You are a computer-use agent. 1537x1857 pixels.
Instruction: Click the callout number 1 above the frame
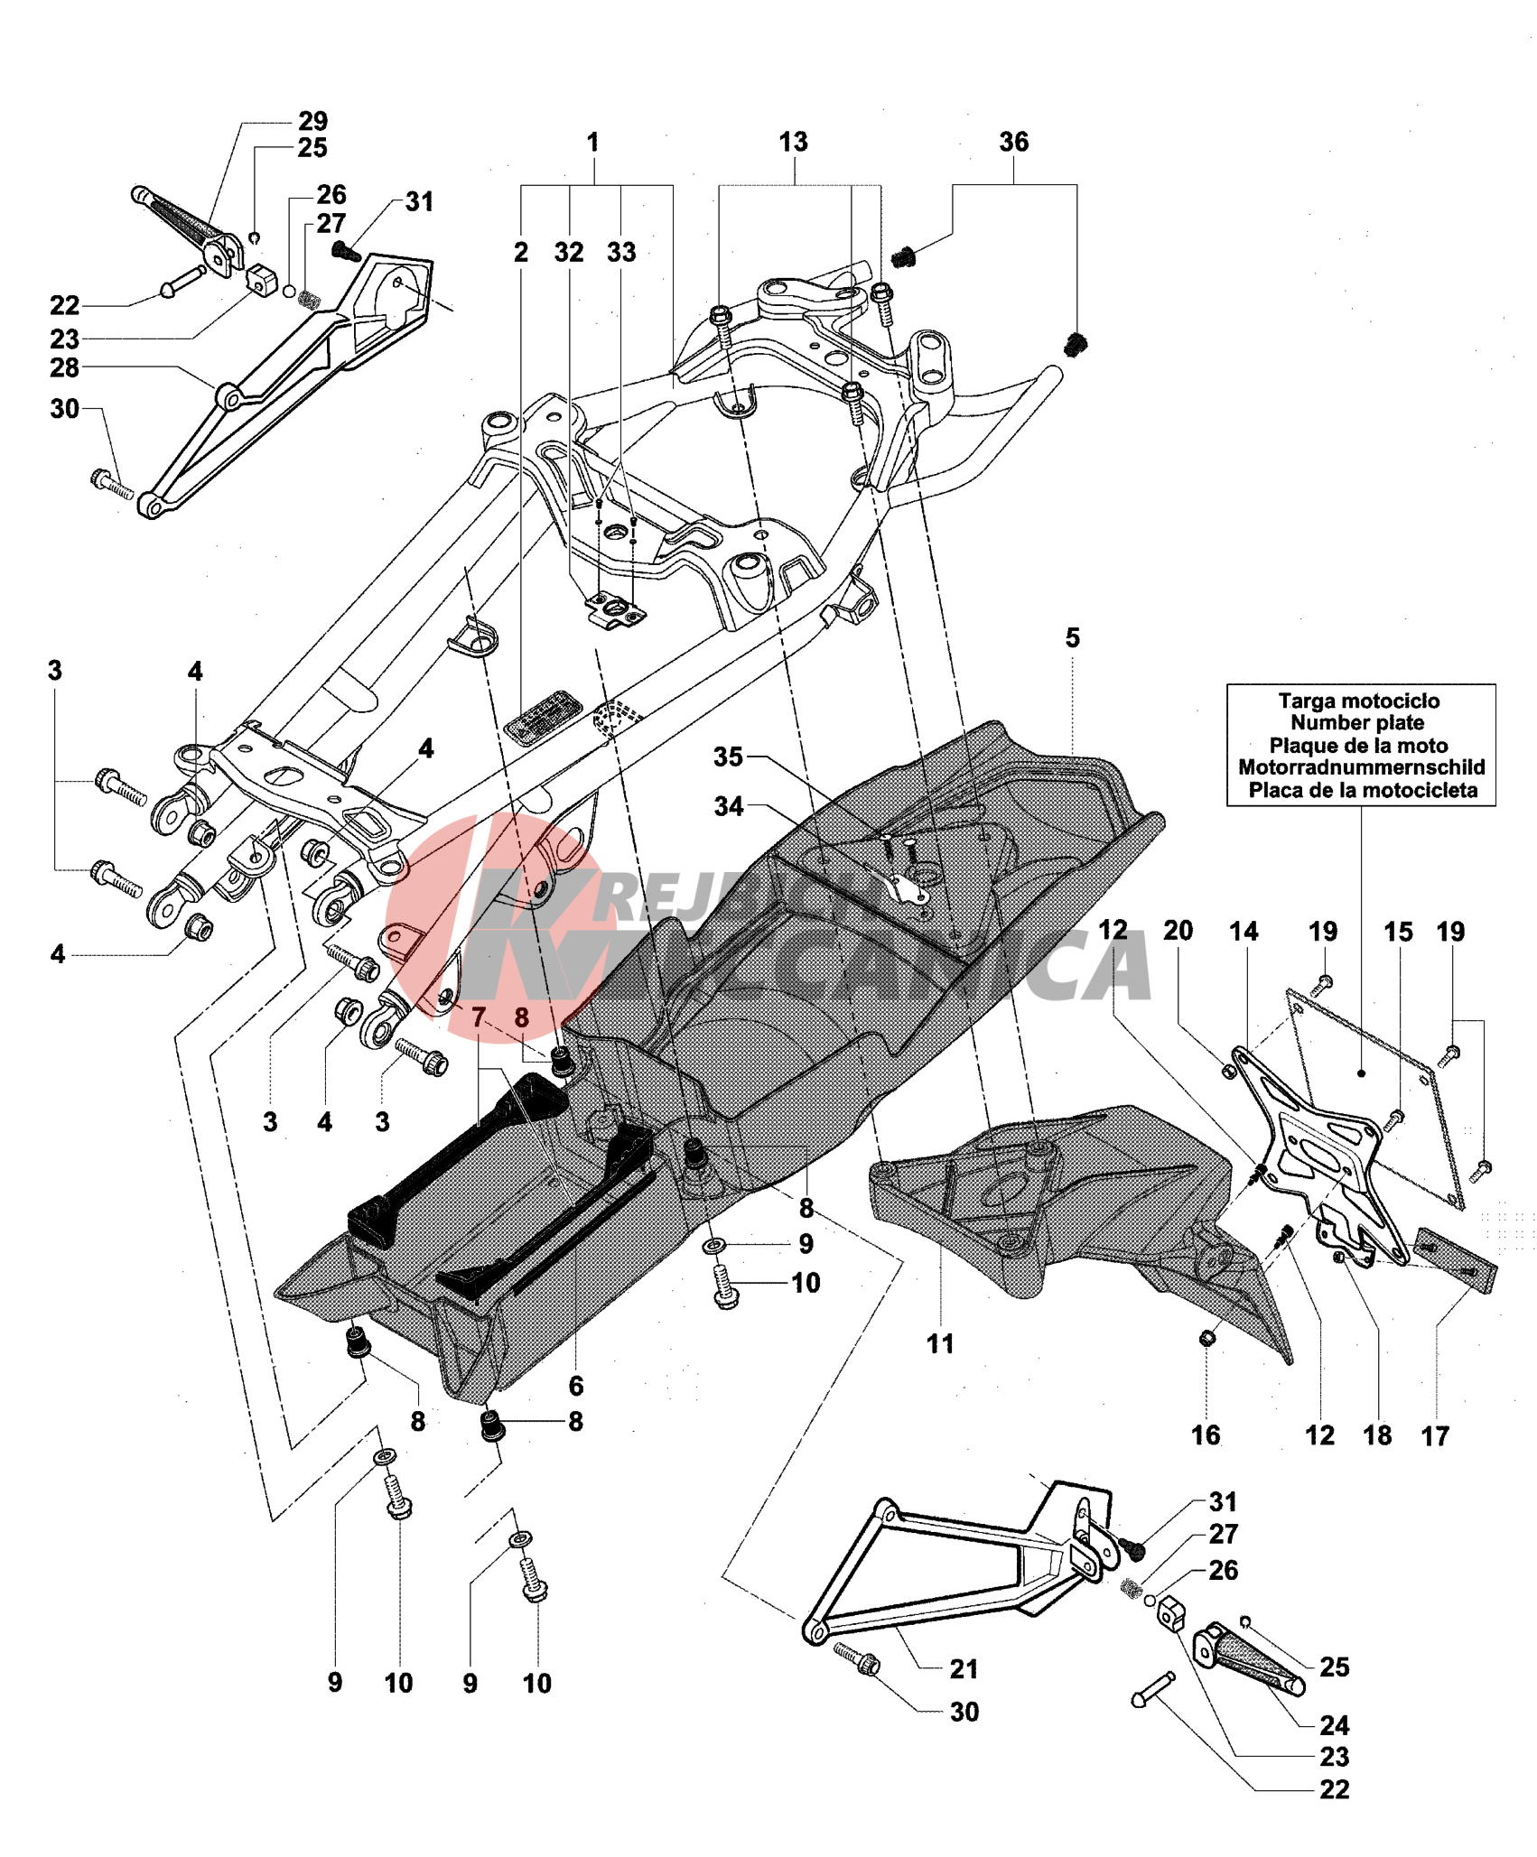592,143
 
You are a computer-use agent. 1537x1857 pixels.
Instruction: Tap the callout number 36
1013,142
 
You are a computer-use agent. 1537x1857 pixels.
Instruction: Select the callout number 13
793,142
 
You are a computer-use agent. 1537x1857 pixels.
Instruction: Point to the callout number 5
1072,638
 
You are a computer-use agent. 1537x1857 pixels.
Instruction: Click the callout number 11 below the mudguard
940,1343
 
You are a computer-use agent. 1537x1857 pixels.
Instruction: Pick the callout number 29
312,121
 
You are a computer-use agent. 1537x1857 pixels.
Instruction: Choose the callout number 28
64,367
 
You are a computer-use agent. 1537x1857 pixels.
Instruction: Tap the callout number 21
964,1669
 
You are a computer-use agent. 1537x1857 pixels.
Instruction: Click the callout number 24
1334,1725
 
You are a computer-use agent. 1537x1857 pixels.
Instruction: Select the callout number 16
1206,1435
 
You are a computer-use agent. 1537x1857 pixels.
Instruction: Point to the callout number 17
1435,1435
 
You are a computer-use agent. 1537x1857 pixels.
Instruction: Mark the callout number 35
728,757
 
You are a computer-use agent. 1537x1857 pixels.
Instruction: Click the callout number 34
729,806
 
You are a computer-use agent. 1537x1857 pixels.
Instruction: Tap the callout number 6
575,1386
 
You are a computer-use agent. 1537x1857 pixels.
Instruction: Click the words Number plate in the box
1356,723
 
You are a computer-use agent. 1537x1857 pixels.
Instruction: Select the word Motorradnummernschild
1361,767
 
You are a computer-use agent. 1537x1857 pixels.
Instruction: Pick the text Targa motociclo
1358,701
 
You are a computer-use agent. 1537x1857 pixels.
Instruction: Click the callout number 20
1178,931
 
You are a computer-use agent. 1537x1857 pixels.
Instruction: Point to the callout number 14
1244,932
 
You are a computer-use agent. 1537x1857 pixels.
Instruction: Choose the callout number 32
569,253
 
